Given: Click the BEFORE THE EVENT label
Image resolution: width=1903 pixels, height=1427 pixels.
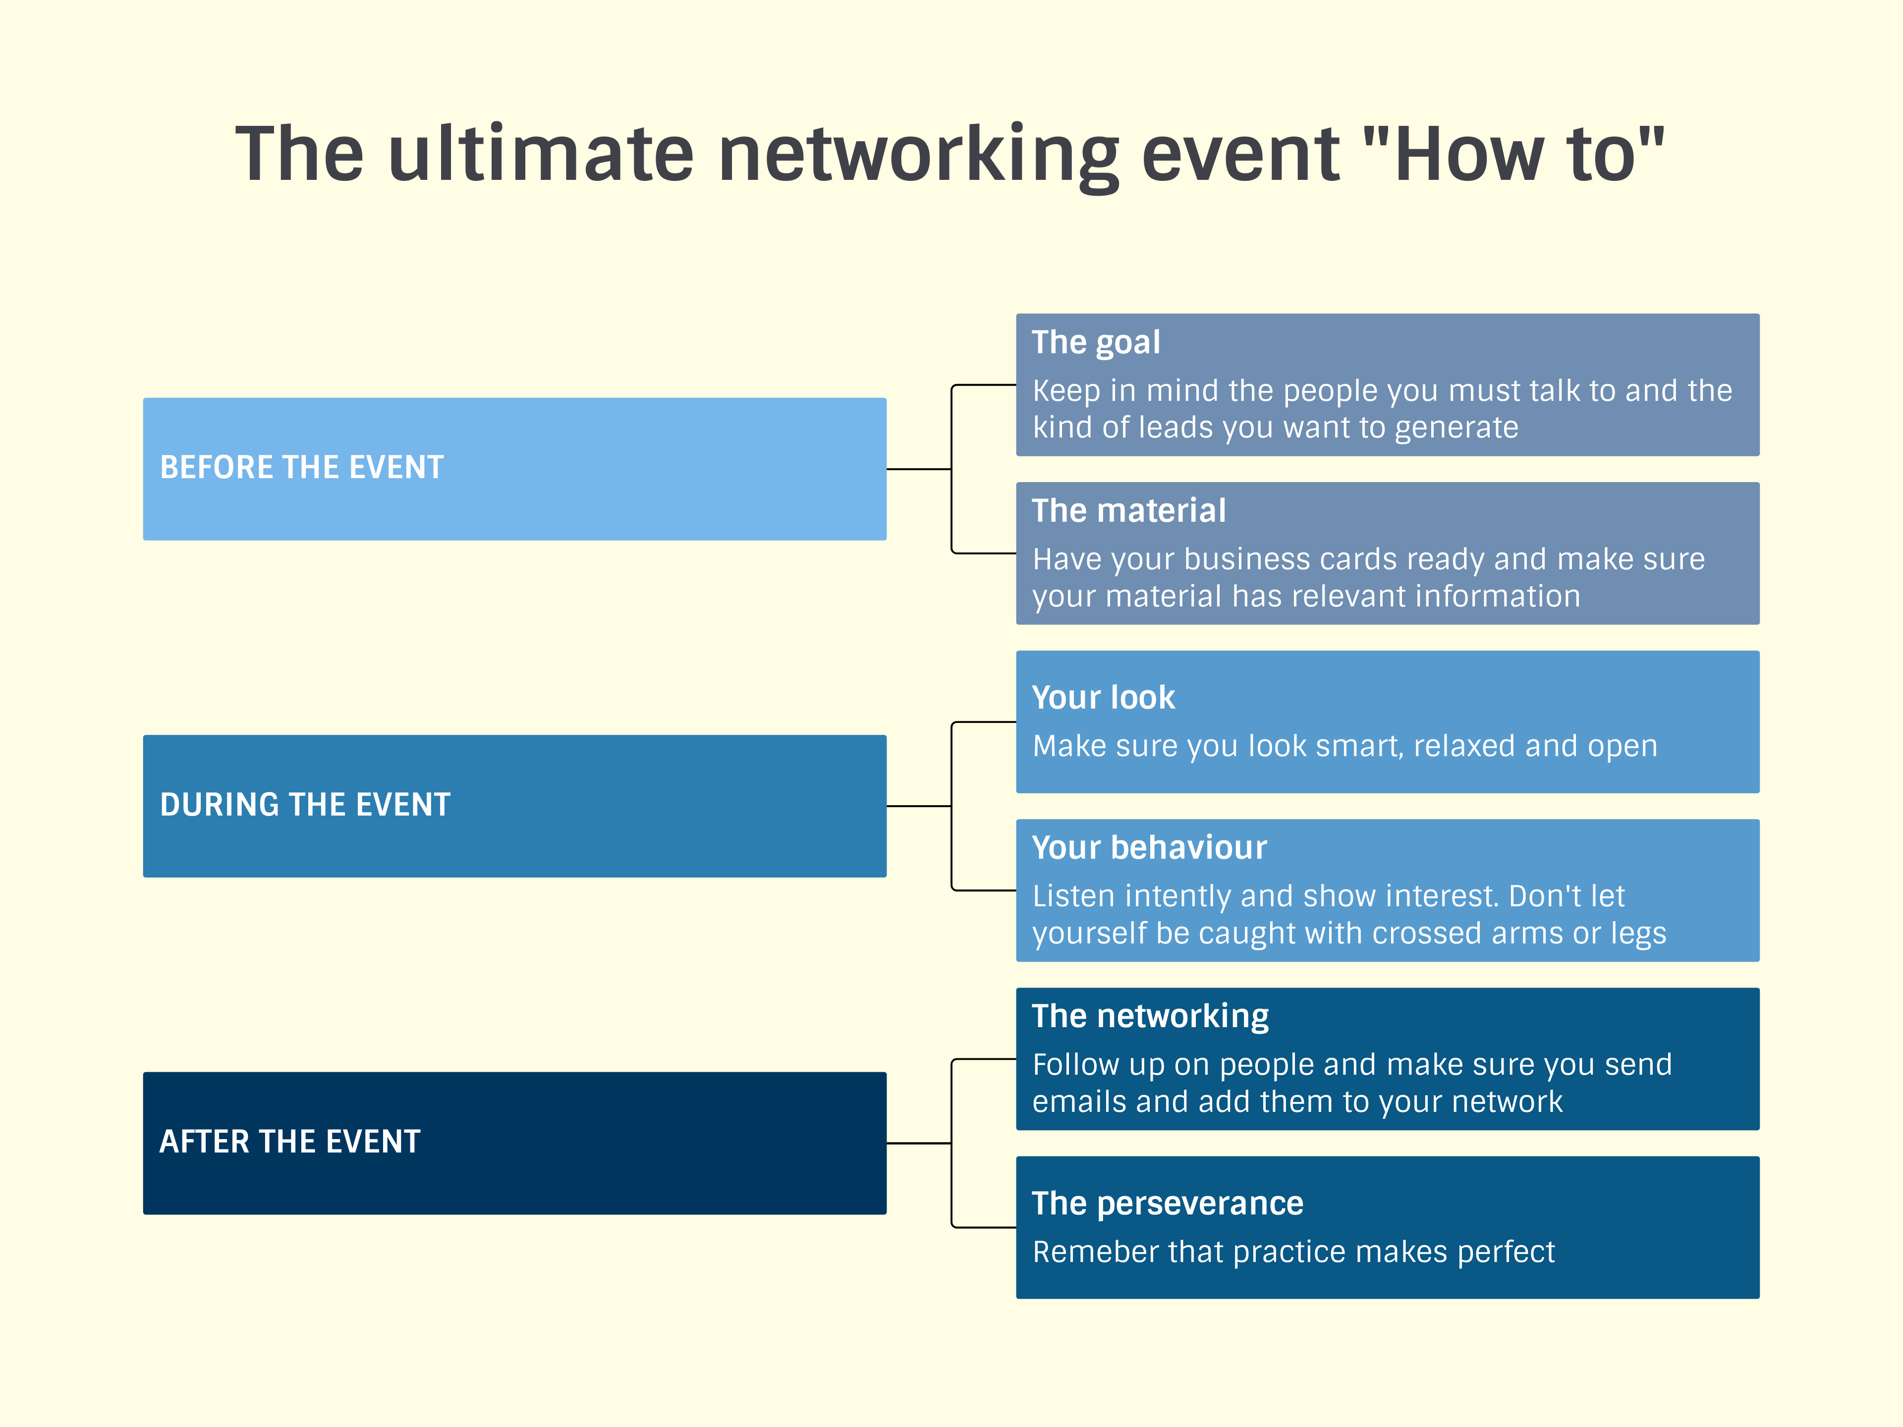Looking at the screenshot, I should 302,467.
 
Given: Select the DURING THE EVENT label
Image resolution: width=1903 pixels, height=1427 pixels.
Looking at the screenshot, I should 305,804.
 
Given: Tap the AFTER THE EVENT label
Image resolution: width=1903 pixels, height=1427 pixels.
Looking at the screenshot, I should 290,1142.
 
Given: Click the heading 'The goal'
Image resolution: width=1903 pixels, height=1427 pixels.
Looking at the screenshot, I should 1096,342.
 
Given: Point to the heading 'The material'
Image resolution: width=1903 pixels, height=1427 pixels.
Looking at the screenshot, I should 1129,511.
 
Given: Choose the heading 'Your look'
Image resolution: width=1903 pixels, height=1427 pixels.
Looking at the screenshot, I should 1103,698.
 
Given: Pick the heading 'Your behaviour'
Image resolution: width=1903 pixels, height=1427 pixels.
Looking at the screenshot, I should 1149,848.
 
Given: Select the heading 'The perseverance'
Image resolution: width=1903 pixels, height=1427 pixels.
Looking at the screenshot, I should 1168,1204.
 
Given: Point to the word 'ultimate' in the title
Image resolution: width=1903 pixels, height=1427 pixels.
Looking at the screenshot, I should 540,155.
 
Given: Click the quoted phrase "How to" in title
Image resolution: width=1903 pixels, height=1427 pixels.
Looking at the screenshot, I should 1514,155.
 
